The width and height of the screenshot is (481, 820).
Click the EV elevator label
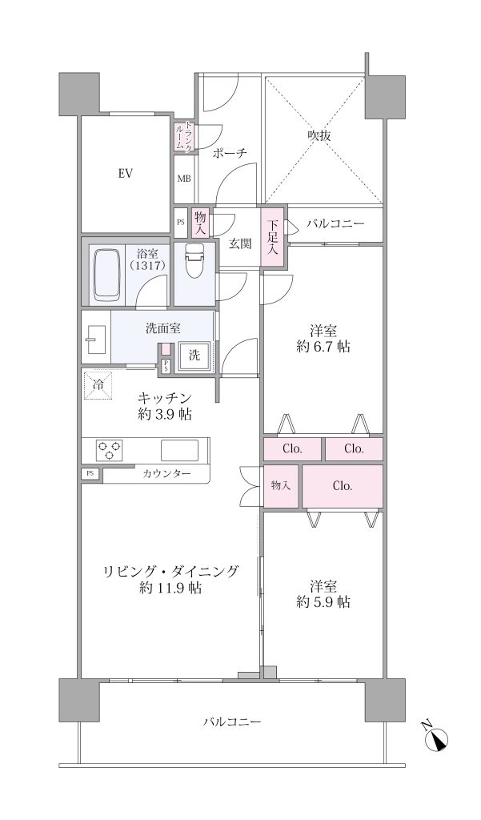(x=124, y=173)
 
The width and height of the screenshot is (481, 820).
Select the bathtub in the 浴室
(x=107, y=275)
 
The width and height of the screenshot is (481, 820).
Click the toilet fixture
(x=194, y=262)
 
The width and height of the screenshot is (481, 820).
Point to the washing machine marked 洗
(x=194, y=356)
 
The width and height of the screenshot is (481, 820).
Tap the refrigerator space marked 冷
(x=98, y=384)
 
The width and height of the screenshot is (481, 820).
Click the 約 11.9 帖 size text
(x=171, y=589)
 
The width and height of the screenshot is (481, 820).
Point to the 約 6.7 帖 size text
(x=323, y=346)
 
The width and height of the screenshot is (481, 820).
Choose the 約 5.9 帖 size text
(x=323, y=602)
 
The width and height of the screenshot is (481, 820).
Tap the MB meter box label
(x=183, y=179)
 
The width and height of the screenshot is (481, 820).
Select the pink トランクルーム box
(x=183, y=137)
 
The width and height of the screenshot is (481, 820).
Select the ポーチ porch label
(x=230, y=153)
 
